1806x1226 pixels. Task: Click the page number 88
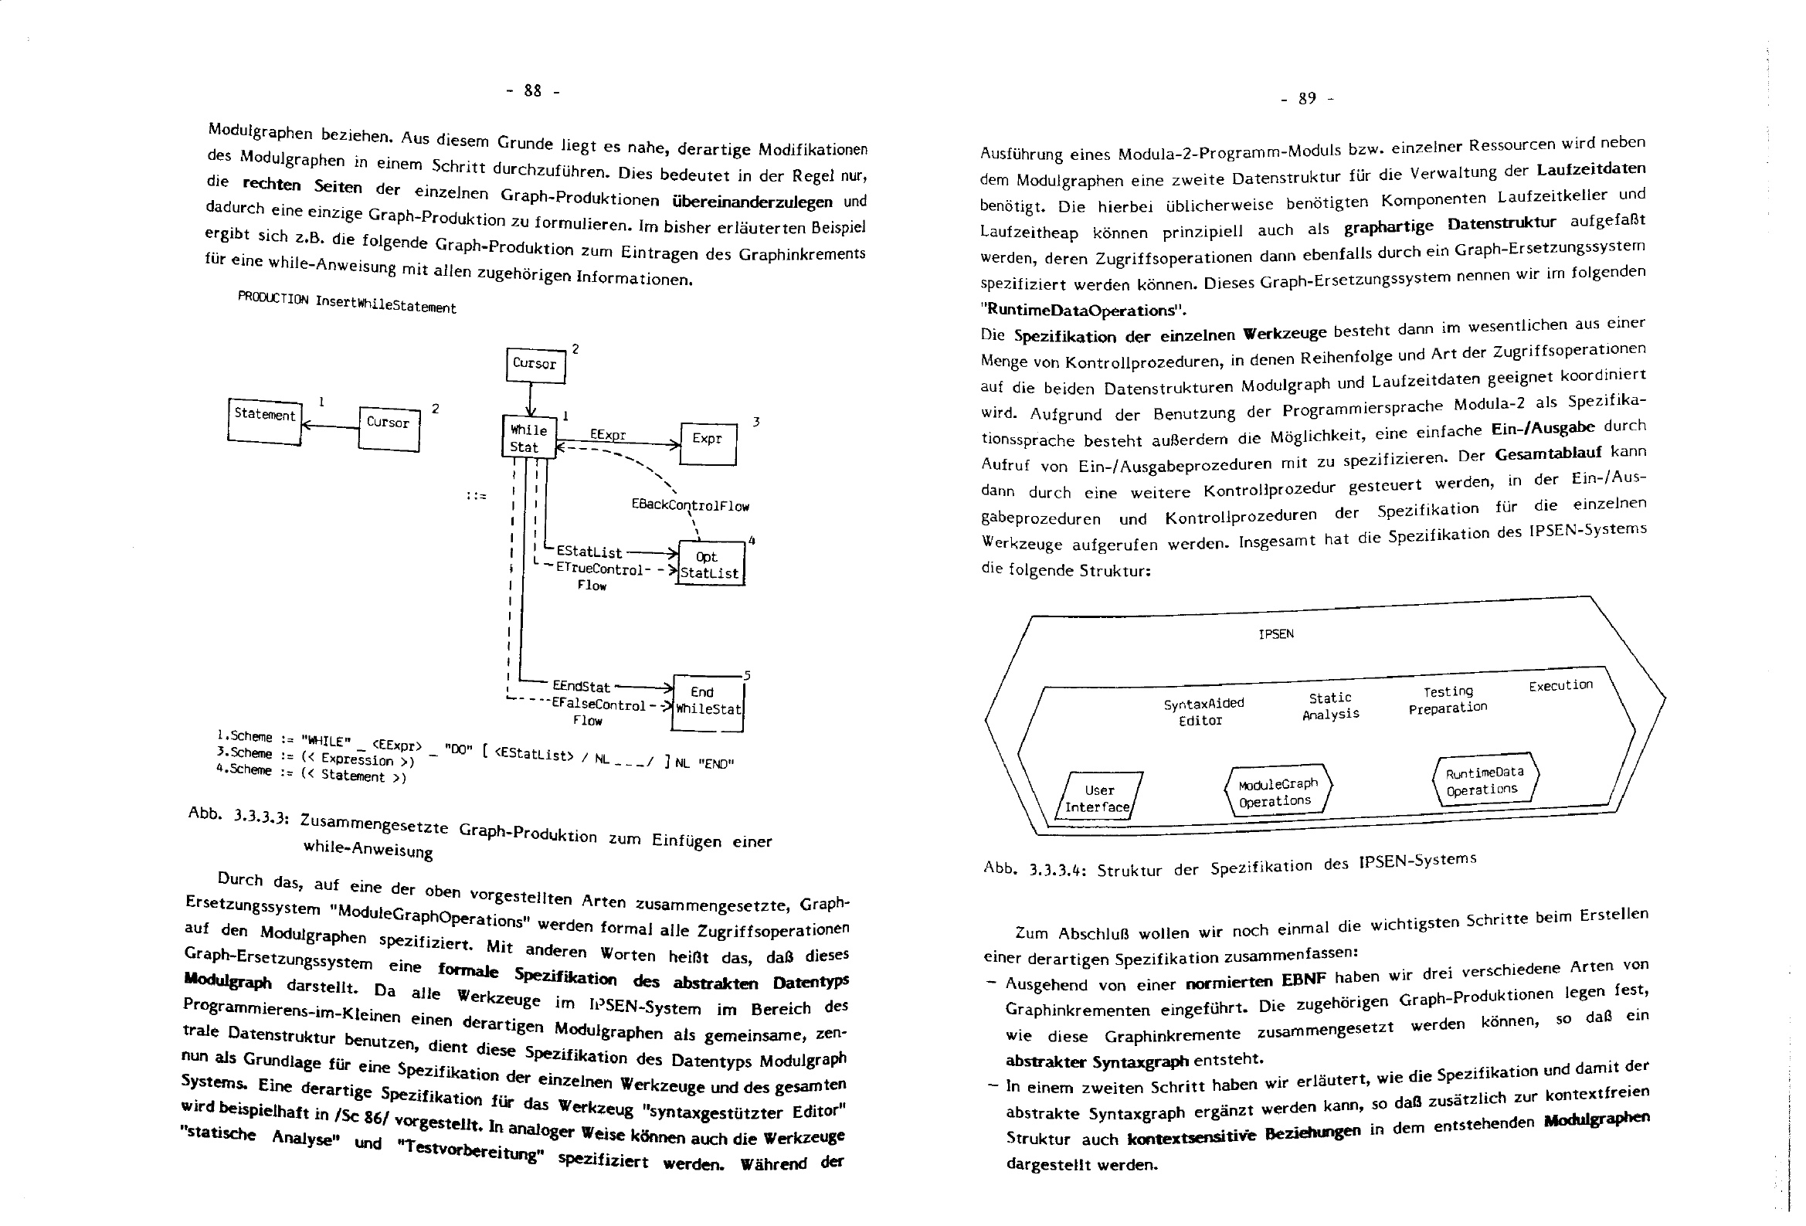[532, 91]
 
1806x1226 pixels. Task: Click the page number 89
[1307, 99]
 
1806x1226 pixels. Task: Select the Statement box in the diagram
[264, 420]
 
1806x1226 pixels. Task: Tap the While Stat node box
[528, 439]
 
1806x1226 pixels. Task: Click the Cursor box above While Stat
[535, 365]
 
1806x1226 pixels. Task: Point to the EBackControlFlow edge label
[690, 505]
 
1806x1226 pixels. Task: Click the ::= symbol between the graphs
[476, 495]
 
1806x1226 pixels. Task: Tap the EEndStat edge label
[581, 688]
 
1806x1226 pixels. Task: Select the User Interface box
[1098, 799]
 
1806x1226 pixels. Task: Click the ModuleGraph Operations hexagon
[1278, 791]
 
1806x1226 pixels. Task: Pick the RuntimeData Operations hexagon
[1485, 780]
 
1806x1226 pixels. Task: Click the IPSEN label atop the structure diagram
[1276, 634]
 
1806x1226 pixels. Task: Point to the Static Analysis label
[1330, 706]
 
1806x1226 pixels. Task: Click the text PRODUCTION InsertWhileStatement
[347, 303]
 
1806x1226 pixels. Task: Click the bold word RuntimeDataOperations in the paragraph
[1083, 310]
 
